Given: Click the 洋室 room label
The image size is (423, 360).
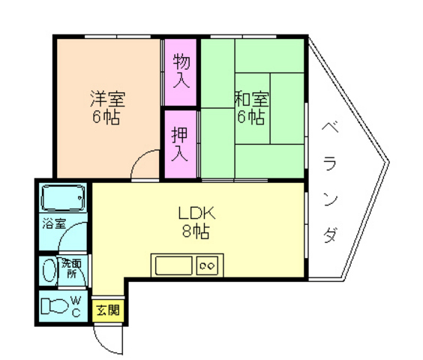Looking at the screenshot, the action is pos(107,99).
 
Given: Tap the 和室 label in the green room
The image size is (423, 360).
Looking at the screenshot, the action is pos(251,99).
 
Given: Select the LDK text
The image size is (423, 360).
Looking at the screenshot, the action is pos(197,213).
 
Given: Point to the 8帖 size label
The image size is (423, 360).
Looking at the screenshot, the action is pos(196,231).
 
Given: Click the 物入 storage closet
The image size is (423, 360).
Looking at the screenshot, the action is pos(181,72).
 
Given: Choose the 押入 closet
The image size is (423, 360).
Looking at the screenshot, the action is pos(181,145).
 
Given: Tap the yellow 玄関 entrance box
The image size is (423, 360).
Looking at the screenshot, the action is pos(108,310).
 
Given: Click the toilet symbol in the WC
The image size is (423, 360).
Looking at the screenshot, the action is pos(55,306).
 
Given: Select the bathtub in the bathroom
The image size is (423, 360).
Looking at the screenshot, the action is pos(63,198).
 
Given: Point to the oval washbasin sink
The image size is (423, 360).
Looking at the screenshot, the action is pos(49,271).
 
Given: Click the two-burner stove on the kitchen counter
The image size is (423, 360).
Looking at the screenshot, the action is pos(207,265).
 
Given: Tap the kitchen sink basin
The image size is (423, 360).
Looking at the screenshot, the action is pos(173,265).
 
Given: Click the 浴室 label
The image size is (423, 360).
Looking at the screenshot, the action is pos(54,223).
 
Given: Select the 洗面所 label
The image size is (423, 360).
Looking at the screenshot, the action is pos(71,268).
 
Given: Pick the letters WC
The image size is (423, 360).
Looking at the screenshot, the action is pos(76,306).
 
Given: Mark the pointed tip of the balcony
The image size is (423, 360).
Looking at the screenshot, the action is pos(388,163).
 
